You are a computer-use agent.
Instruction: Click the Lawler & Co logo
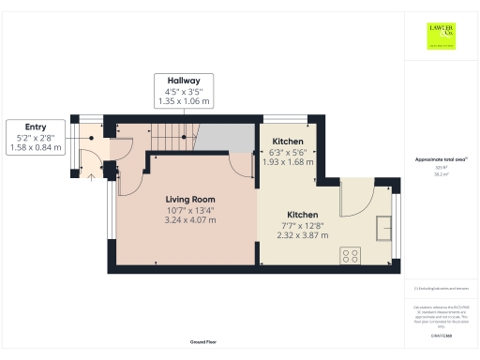click(x=442, y=37)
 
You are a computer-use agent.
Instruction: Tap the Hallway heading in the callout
click(x=183, y=82)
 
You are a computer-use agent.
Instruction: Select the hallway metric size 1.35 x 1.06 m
click(x=183, y=101)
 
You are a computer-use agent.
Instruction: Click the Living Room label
click(x=191, y=199)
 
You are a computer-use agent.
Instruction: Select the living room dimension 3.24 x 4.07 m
click(x=191, y=221)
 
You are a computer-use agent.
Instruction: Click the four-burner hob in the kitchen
click(x=353, y=254)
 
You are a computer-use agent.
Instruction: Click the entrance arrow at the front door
click(x=91, y=172)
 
